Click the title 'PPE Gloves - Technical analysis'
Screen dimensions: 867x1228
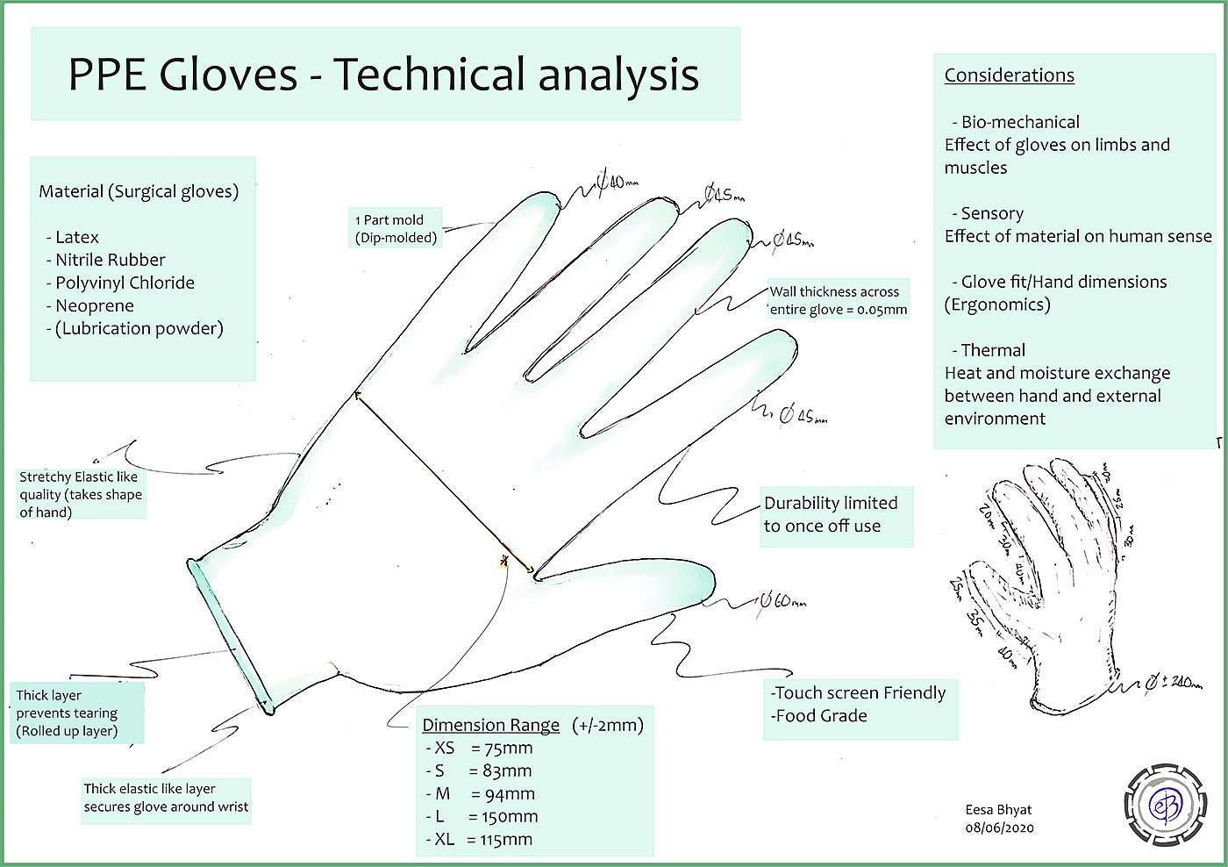pyautogui.click(x=383, y=74)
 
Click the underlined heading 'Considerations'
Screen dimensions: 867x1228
pyautogui.click(x=1009, y=75)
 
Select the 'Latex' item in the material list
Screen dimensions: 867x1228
pyautogui.click(x=76, y=237)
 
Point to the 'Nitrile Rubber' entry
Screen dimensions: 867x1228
pyautogui.click(x=110, y=260)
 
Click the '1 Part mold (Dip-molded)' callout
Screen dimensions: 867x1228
pyautogui.click(x=396, y=228)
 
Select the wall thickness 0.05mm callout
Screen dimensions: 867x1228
pyautogui.click(x=838, y=300)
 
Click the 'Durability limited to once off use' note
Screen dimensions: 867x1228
pyautogui.click(x=831, y=514)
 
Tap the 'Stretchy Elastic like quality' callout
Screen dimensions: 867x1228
pyautogui.click(x=80, y=494)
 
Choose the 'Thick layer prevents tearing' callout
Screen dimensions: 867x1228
pyautogui.click(x=68, y=713)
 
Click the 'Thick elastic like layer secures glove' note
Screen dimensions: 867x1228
pyautogui.click(x=166, y=798)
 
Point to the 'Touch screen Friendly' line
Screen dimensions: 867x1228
pyautogui.click(x=859, y=693)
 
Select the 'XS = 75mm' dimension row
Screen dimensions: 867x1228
pyautogui.click(x=479, y=749)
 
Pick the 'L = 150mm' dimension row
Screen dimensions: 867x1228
pyautogui.click(x=482, y=817)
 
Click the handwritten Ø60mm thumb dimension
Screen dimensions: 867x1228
pyautogui.click(x=781, y=601)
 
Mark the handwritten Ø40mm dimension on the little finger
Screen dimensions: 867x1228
pyautogui.click(x=618, y=183)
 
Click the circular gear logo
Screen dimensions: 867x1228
pyautogui.click(x=1165, y=805)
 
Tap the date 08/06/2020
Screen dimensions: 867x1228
pyautogui.click(x=999, y=828)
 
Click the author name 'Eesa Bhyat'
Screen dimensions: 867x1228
pyautogui.click(x=998, y=810)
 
